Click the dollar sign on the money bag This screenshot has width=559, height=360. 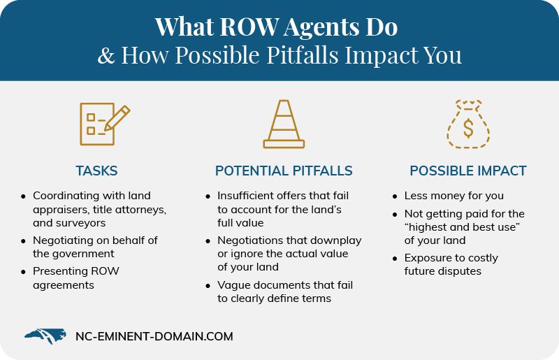467,129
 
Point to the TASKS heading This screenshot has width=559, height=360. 96,171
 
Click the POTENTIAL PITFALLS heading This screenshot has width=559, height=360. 284,171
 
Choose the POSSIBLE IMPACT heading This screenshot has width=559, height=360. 467,171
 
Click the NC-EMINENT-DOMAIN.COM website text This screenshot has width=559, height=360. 154,337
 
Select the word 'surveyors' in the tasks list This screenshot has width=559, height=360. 80,222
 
